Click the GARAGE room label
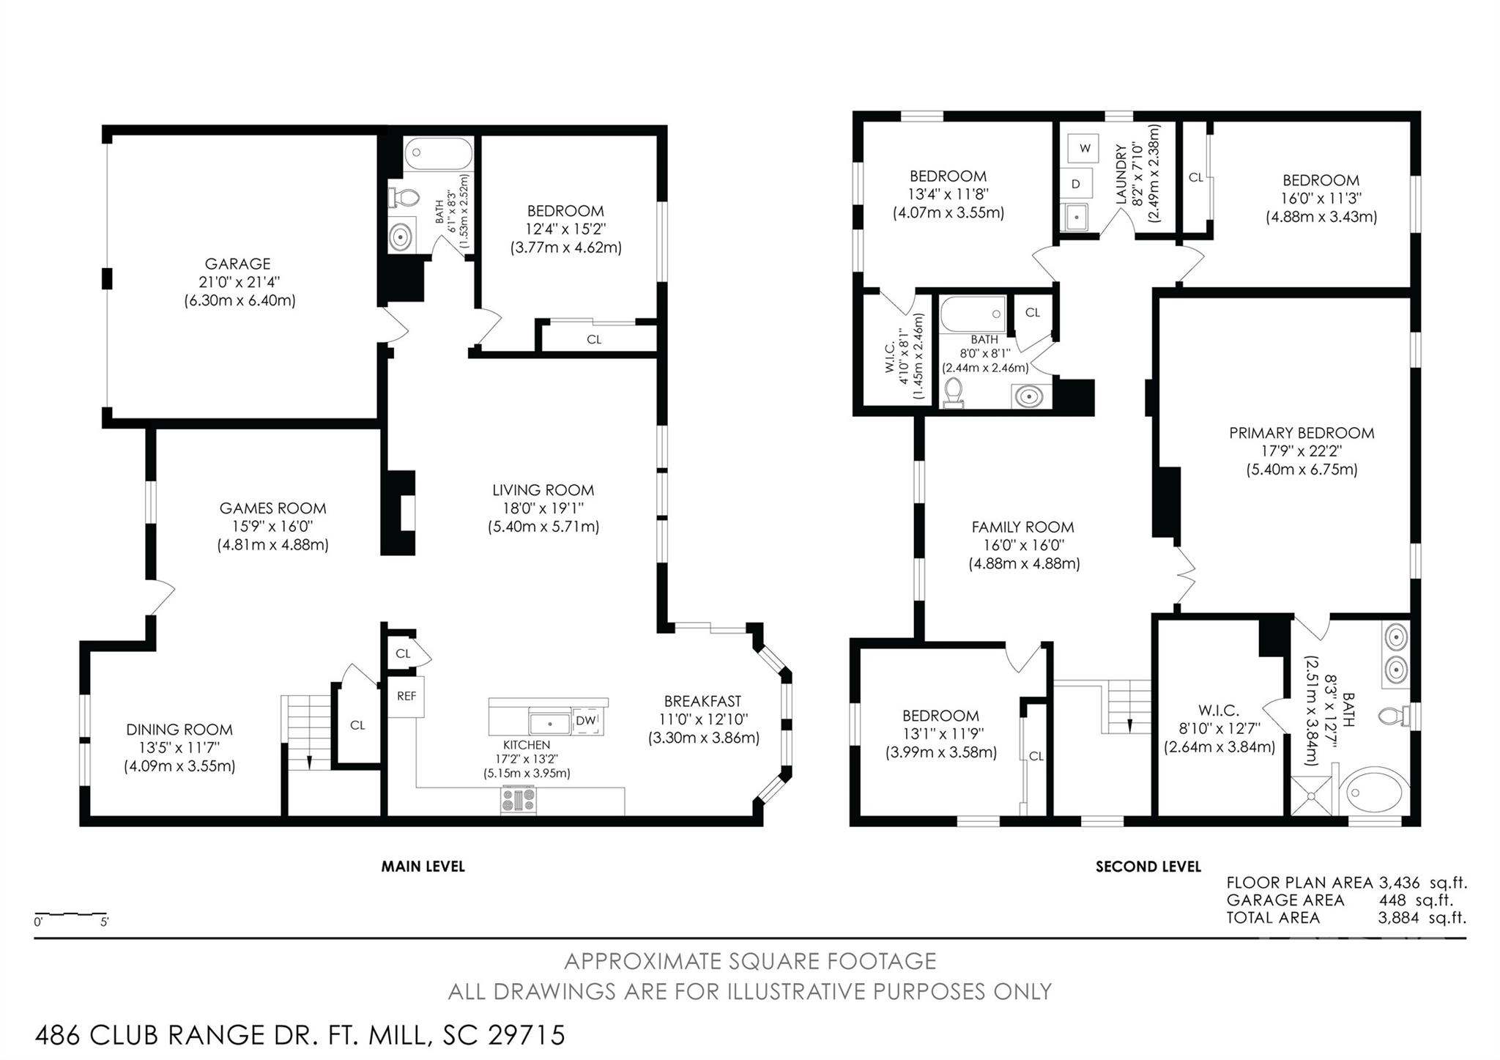(x=237, y=264)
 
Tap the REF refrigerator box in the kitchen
(x=406, y=696)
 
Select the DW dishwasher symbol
(x=585, y=721)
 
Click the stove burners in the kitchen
(x=519, y=799)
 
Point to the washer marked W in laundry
(x=1085, y=149)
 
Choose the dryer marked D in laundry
(x=1076, y=184)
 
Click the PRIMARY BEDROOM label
(x=1302, y=433)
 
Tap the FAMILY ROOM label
(x=1022, y=527)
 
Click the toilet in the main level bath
(x=404, y=198)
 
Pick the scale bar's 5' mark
(x=104, y=922)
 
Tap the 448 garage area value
(x=1392, y=900)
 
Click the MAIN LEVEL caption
(x=423, y=867)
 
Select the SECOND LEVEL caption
(x=1148, y=867)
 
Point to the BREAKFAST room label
(x=702, y=701)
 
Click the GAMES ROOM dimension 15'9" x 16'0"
(x=272, y=526)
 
